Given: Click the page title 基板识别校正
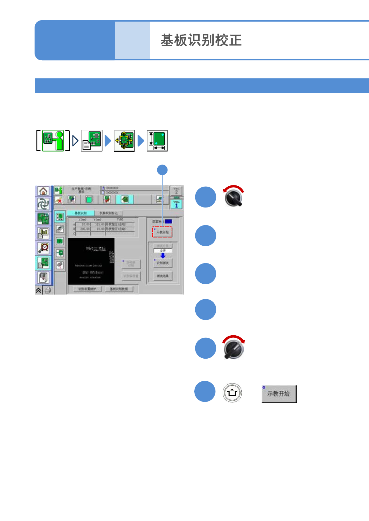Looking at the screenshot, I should pos(201,40).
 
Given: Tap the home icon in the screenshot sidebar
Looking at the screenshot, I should pos(43,191).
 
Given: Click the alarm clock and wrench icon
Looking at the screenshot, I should pos(43,248).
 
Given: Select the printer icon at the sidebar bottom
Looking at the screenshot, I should pos(48,290).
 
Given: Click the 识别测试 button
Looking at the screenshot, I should pos(163,263).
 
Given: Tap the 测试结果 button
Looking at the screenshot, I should pos(163,276).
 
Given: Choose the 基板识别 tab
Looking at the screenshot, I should pos(80,213).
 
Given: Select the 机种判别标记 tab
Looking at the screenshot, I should pos(108,213).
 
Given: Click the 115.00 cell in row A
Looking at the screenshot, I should pos(99,224).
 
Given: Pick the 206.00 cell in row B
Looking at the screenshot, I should pos(85,229).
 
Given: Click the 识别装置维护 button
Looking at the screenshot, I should pos(87,289).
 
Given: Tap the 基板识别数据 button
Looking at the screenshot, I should pos(119,289).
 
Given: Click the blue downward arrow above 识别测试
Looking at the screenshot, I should pos(163,256).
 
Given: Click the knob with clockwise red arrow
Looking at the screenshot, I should pos(234,348).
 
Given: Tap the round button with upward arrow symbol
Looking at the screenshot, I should pos(232,393).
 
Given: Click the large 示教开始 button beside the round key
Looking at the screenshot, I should pos(279,393).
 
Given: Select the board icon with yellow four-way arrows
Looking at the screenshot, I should pos(124,141).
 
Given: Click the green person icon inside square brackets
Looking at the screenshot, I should pos(53,141).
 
